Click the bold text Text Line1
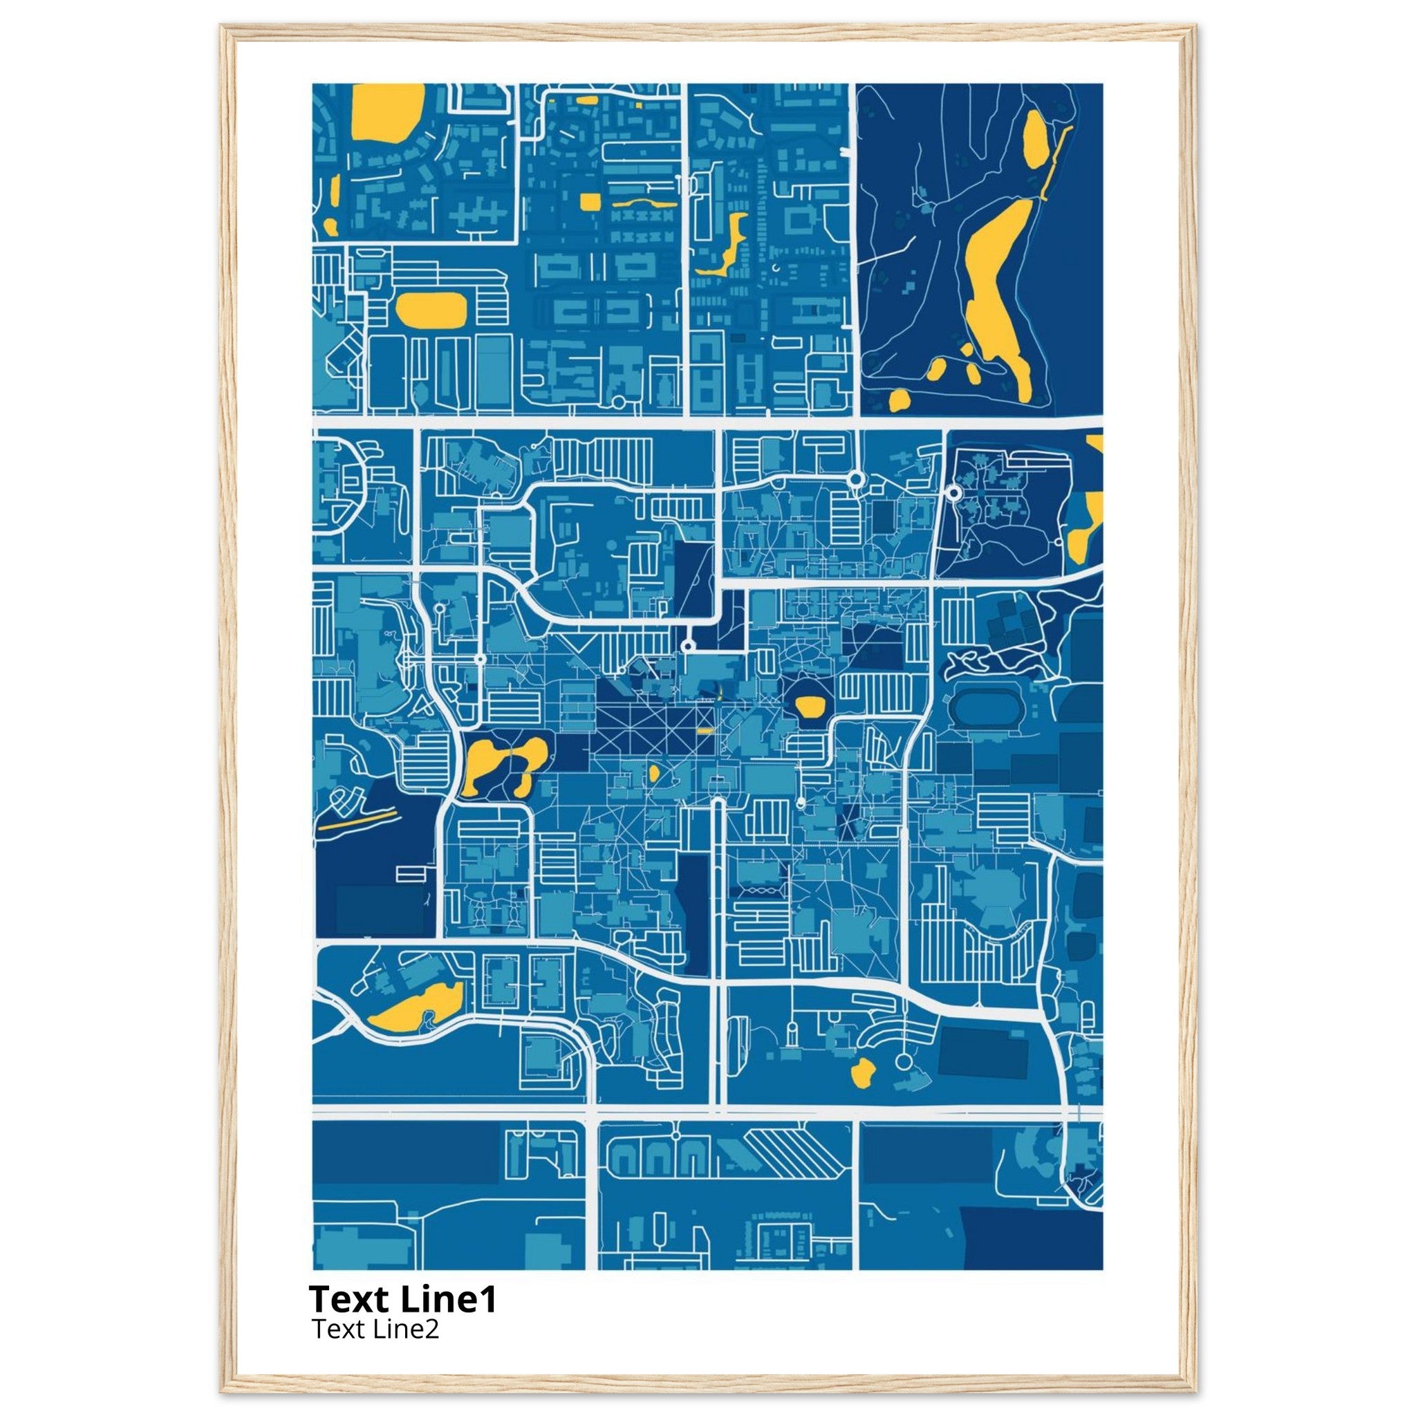402,1299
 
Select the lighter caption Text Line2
375,1329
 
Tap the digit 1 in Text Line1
488,1299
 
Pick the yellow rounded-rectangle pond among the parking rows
431,310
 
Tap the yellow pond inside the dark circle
810,707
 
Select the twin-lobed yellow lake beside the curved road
504,765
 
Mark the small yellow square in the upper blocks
590,202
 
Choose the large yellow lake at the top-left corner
387,110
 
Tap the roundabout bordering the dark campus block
953,493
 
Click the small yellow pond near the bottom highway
862,1073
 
